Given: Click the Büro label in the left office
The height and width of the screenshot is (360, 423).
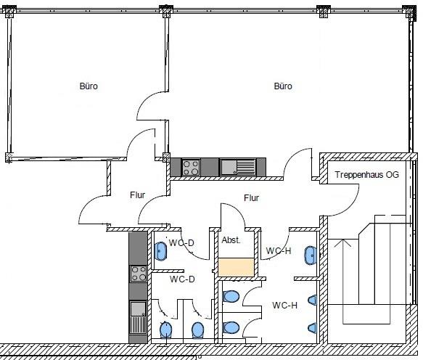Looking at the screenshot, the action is tap(89, 86).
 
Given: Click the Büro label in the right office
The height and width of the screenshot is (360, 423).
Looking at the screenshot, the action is tap(283, 86).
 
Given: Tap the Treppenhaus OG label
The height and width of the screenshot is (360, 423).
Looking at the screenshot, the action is tap(367, 175).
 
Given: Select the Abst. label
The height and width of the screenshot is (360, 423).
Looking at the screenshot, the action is tap(231, 240).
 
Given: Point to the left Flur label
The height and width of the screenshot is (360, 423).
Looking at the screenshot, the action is tap(138, 195).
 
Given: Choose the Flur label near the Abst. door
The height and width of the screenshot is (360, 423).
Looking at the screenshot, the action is tap(252, 198).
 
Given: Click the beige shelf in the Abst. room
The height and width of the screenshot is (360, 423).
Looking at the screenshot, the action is tap(236, 267).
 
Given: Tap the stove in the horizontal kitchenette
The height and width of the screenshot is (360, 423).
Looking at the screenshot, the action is tap(191, 168).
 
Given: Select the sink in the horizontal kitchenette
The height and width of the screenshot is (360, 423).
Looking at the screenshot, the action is tap(238, 168).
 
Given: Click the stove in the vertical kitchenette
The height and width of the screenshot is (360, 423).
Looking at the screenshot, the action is tap(138, 274).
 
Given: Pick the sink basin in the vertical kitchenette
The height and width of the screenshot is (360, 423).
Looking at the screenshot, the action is tap(138, 309).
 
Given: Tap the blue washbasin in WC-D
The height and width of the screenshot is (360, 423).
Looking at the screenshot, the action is tap(160, 251).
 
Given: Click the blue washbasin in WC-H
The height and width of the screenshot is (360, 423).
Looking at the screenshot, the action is tap(311, 255).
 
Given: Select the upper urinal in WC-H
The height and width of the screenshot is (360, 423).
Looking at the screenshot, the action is tap(313, 300).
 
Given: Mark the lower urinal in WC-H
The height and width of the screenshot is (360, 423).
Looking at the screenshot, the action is tap(313, 327).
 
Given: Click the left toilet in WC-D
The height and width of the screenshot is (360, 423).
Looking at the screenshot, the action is tap(165, 330).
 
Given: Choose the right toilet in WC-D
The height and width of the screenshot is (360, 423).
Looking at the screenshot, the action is tap(198, 330).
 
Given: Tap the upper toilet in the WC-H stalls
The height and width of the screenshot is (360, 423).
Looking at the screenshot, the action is tap(231, 297).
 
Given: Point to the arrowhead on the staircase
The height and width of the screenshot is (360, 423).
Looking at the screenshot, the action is tap(342, 243).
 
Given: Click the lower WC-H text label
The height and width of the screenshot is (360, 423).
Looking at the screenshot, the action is tap(285, 306).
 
